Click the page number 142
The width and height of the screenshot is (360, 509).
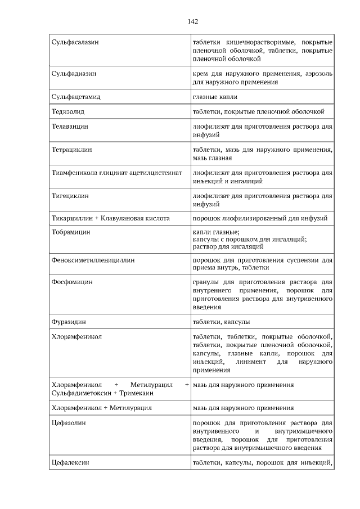(x=192, y=22)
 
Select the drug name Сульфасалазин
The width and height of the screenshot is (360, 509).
(x=74, y=43)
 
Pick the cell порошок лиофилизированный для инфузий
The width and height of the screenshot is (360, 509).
(x=260, y=218)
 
